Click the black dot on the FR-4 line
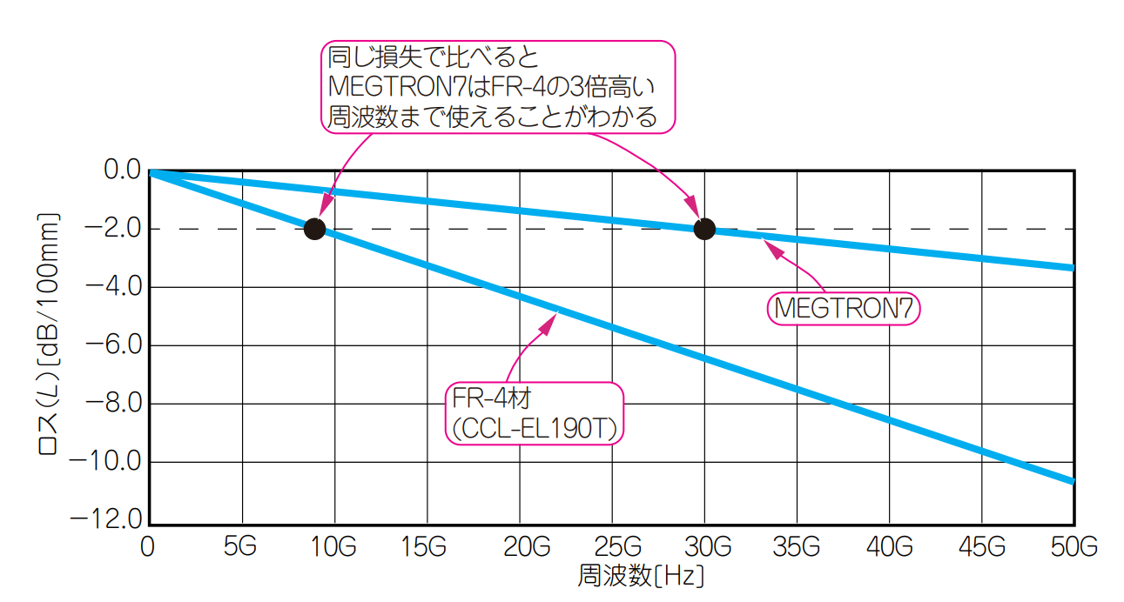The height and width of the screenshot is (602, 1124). [x=314, y=229]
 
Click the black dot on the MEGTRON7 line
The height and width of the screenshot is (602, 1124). [x=704, y=229]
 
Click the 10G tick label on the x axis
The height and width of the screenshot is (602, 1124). [x=334, y=547]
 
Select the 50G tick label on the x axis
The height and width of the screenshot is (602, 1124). [x=1074, y=547]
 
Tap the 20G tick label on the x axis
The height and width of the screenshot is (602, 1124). [x=520, y=547]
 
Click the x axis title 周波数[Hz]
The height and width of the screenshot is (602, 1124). [x=641, y=576]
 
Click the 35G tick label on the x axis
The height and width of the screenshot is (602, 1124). [x=798, y=547]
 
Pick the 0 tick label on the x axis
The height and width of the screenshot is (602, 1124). [x=149, y=547]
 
